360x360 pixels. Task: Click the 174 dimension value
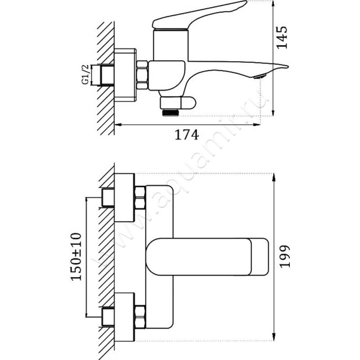point(186,135)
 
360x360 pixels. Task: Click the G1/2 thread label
point(84,75)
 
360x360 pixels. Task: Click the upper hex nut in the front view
point(139,198)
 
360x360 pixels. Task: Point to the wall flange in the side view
point(125,74)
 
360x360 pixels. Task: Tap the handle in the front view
point(207,256)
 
